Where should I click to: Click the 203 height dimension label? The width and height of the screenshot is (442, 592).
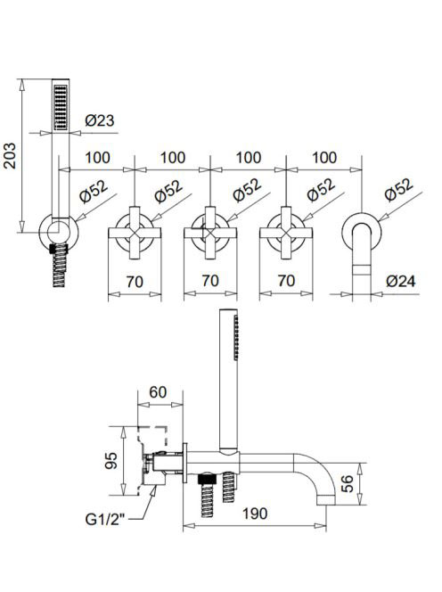10,155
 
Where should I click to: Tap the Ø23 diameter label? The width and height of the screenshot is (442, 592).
99,121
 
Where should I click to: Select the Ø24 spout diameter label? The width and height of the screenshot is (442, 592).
400,281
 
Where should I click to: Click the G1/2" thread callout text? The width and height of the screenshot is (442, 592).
105,520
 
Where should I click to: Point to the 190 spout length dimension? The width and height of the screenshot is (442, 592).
255,514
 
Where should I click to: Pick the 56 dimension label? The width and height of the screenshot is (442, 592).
348,483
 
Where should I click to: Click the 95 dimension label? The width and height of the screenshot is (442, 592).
111,461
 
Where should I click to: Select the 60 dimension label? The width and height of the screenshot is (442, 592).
158,392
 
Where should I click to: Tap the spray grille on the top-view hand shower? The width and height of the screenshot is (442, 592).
61,107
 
